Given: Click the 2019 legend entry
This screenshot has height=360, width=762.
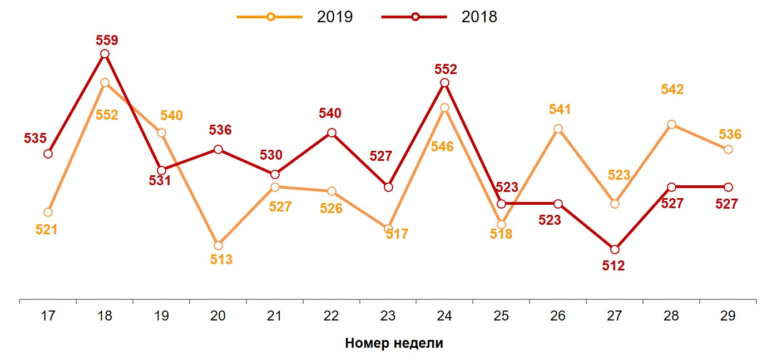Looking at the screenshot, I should (295, 17).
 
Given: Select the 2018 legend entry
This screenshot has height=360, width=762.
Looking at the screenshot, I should (439, 17).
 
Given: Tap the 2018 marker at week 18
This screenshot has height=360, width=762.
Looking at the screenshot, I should (105, 54).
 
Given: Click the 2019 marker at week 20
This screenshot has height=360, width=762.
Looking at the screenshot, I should (218, 245).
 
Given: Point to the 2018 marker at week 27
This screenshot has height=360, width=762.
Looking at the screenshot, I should (615, 249).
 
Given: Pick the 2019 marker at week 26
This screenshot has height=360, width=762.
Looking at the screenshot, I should (558, 129).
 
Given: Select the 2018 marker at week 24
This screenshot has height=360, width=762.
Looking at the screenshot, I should (444, 83).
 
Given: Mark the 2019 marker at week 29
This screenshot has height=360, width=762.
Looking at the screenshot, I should (728, 149).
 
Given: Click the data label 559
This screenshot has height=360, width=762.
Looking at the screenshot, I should (107, 41).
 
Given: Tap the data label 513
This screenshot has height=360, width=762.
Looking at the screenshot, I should (221, 259).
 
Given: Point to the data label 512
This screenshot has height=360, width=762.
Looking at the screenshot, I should (613, 266).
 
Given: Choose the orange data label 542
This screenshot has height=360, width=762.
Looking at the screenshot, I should (672, 90).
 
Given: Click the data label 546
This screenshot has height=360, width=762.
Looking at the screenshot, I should (442, 147).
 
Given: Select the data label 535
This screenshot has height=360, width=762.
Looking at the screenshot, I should (35, 139).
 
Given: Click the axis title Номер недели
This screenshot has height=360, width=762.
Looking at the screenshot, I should (394, 343).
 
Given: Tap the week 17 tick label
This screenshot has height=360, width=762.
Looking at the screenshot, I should (48, 316).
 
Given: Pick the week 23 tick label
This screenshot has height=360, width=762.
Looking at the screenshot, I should (388, 316).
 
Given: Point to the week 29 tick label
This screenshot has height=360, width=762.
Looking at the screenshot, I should (728, 316).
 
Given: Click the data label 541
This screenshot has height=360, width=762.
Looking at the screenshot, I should (560, 110).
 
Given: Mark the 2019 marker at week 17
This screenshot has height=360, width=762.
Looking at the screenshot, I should (48, 212).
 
